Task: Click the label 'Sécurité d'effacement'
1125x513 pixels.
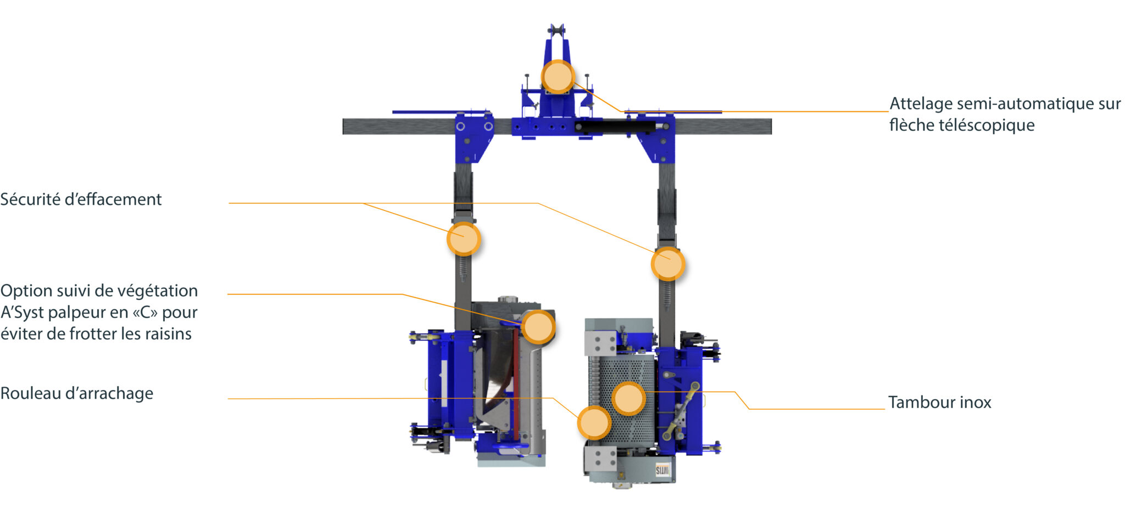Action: click(x=81, y=199)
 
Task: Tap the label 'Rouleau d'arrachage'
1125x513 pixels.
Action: click(x=77, y=393)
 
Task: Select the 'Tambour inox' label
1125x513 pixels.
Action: click(x=940, y=403)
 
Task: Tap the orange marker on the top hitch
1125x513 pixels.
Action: click(x=558, y=77)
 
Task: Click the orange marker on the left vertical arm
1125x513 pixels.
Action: click(x=464, y=239)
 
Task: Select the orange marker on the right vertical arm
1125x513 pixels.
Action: click(x=668, y=264)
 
